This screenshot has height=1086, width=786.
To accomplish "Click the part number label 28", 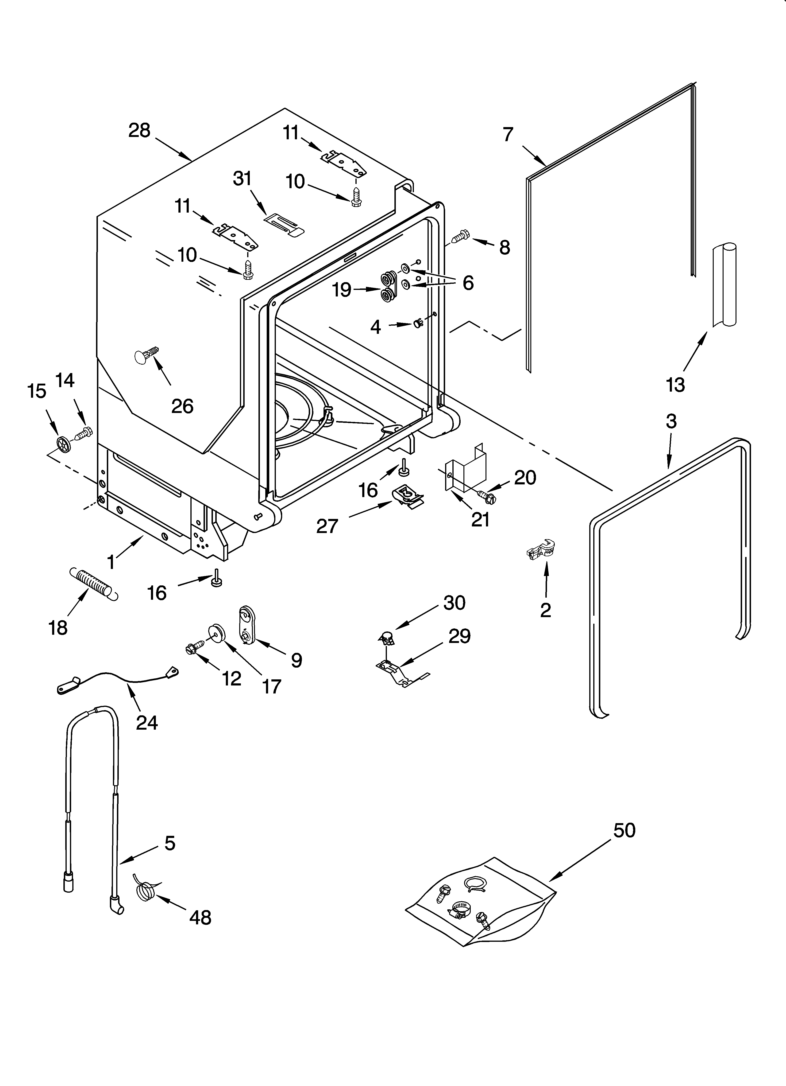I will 139,130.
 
